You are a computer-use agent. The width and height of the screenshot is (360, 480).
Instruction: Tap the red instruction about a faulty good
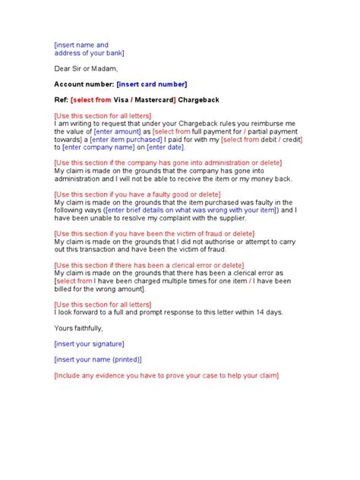tap(147, 194)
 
